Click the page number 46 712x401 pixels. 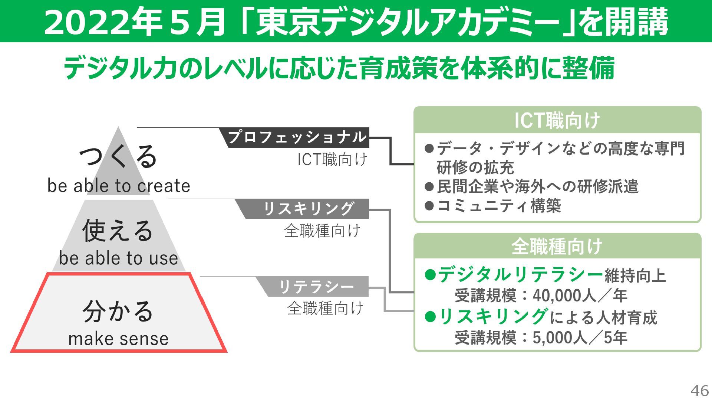coord(699,391)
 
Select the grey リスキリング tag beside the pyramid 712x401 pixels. coord(308,209)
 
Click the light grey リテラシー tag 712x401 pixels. coord(316,287)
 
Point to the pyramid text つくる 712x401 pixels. coord(118,156)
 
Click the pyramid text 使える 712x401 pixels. coord(118,230)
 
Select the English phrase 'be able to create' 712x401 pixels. coord(119,186)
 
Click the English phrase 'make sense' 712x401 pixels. coord(119,339)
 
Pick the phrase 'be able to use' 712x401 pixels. coord(119,258)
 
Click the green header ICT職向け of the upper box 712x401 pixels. coord(557,120)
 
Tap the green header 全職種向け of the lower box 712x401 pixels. coord(557,247)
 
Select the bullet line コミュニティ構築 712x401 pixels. coord(499,206)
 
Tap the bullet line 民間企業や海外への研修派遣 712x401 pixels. coord(538,186)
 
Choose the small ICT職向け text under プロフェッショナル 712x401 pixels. coord(332,160)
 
